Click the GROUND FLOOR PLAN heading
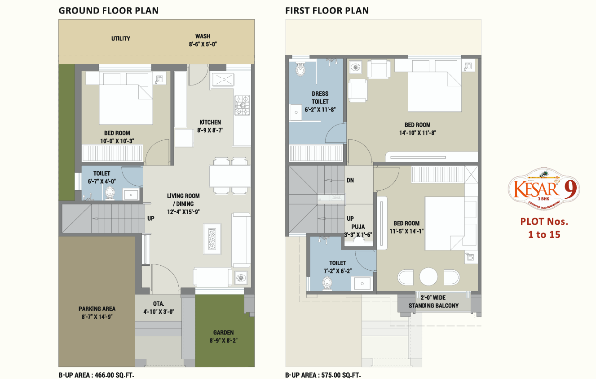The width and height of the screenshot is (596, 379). click(x=108, y=11)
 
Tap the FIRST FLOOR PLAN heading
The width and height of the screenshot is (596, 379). click(x=327, y=11)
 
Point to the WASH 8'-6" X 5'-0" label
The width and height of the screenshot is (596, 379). click(x=203, y=40)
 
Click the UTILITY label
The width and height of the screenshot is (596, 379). click(x=121, y=39)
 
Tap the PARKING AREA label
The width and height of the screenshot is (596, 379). click(x=97, y=312)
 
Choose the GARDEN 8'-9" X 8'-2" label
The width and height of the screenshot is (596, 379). click(x=223, y=336)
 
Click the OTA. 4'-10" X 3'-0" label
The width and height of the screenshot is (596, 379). click(x=158, y=307)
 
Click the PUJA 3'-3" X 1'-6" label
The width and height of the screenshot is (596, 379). click(x=358, y=230)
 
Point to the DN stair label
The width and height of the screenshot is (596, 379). click(x=350, y=180)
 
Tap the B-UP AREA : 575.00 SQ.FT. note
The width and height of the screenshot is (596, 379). click(x=322, y=375)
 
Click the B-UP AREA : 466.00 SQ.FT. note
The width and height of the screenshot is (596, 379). click(x=96, y=375)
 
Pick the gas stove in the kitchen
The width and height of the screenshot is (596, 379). click(x=242, y=106)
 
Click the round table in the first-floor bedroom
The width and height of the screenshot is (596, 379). click(x=428, y=276)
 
